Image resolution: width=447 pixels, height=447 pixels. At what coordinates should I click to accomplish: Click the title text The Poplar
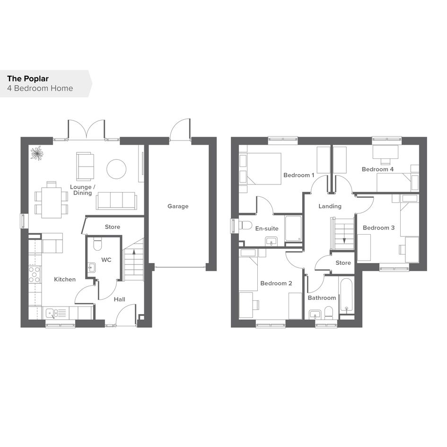click(28, 79)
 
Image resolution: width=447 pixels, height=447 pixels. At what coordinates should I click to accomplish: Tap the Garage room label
click(178, 206)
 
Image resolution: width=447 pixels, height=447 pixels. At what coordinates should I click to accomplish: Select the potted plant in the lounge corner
click(37, 153)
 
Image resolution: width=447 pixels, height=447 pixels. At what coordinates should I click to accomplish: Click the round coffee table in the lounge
click(116, 169)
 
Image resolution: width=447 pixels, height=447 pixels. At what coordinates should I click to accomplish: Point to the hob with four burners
click(34, 274)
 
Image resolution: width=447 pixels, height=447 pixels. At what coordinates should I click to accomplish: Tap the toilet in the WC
click(97, 244)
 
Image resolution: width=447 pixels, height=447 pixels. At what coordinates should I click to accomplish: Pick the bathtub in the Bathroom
click(346, 295)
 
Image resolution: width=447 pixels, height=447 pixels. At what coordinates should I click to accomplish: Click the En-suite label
click(267, 228)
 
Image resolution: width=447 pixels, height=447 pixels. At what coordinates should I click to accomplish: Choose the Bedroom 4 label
click(378, 169)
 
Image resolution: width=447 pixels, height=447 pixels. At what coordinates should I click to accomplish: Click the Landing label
click(330, 206)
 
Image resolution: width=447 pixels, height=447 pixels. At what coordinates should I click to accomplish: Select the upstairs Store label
click(343, 263)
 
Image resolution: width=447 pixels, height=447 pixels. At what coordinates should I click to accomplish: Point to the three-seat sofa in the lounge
click(116, 201)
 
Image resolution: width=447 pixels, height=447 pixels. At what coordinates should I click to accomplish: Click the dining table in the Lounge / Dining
click(51, 202)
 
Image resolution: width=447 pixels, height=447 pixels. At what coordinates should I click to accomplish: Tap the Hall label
click(120, 299)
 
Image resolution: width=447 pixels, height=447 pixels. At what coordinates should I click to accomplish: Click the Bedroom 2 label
click(276, 283)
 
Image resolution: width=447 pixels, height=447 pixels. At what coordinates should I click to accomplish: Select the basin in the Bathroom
click(315, 315)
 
